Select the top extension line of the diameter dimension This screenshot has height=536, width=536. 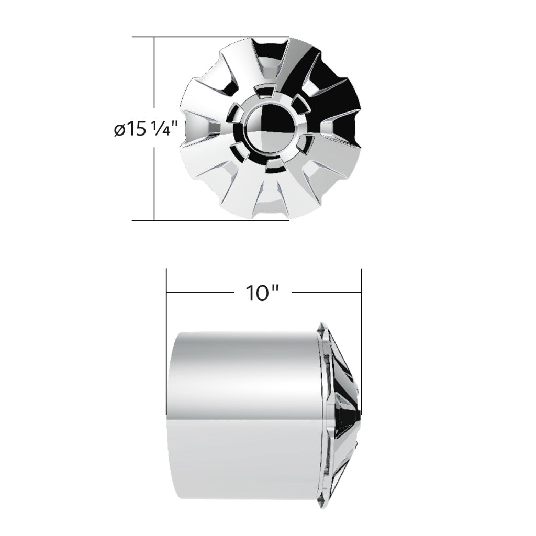pos(209,37)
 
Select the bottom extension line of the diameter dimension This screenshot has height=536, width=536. pos(209,220)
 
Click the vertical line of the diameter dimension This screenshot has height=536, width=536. pos(154,178)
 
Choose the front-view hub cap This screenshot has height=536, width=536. pos(272,128)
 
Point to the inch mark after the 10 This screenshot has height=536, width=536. pos(274,288)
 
